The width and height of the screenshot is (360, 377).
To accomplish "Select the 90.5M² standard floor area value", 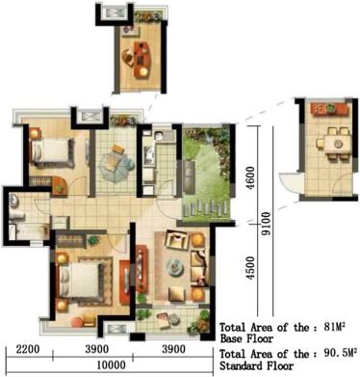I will [x=338, y=354].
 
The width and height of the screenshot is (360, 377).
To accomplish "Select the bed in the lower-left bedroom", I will [x=83, y=279].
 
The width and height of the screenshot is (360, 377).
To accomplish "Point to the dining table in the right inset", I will [x=337, y=141].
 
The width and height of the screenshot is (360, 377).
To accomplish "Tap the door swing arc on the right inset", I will [x=286, y=183].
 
